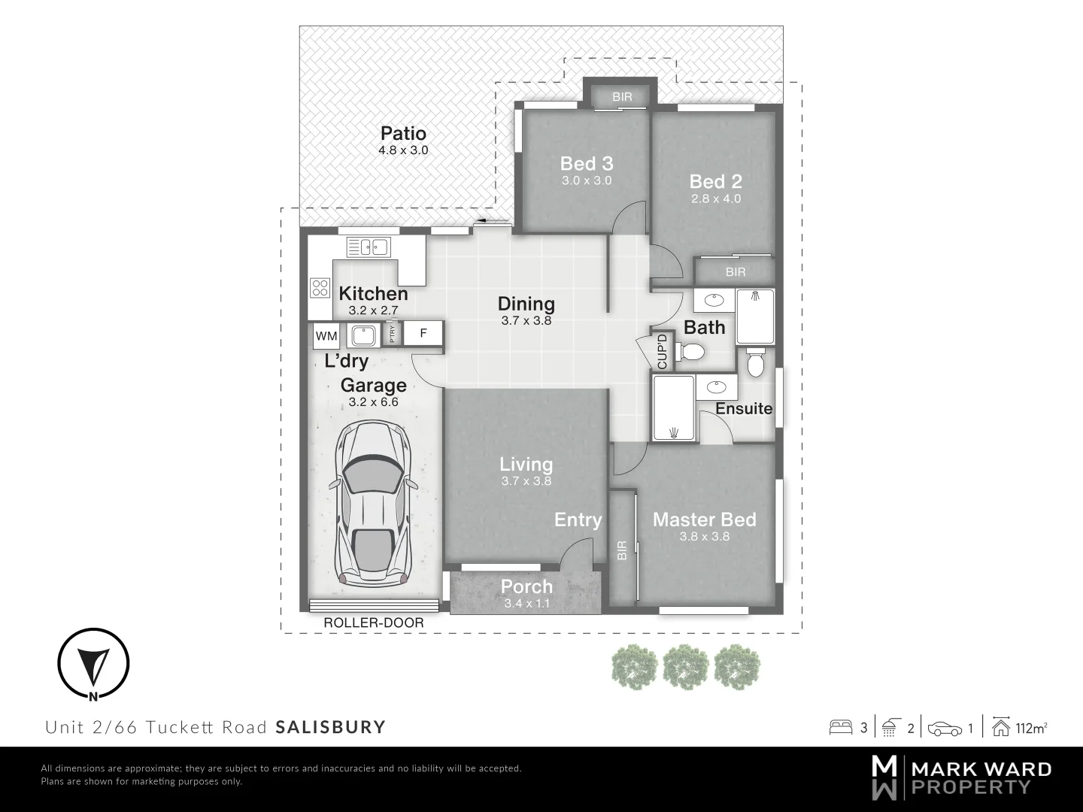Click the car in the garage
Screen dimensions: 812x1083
click(x=373, y=504)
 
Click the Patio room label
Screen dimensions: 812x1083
click(x=403, y=134)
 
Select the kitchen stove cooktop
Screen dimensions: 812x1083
click(x=320, y=287)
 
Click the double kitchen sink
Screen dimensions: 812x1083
click(x=366, y=247)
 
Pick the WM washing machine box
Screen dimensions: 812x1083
click(x=326, y=335)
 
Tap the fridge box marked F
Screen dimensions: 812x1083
click(x=423, y=332)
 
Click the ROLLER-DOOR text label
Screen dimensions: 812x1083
click(x=373, y=623)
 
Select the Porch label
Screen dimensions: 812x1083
click(x=526, y=586)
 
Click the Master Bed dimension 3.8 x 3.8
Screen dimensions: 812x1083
click(x=704, y=537)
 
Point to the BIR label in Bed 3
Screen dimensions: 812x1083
click(x=622, y=97)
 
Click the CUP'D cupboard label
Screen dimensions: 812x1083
click(x=663, y=351)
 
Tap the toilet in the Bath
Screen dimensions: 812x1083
click(x=689, y=351)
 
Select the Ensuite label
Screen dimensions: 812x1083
click(x=743, y=408)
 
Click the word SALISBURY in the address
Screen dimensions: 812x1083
click(x=330, y=727)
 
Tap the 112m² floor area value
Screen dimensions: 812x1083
click(x=1031, y=728)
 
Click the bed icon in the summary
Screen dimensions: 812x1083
click(x=840, y=727)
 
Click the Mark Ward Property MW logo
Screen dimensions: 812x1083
click(x=884, y=777)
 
